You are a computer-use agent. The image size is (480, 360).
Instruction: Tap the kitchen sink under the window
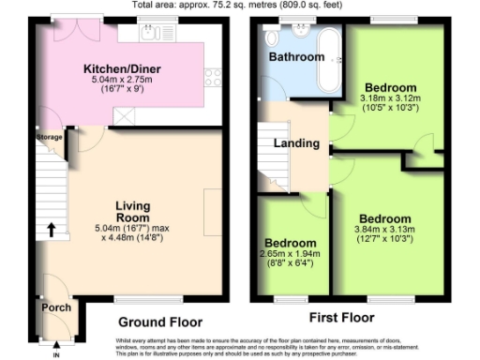[150, 35]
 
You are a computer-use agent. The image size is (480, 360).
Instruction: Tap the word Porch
[54, 307]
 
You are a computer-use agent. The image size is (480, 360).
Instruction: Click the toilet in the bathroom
[272, 37]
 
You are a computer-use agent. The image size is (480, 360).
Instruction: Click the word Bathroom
[296, 57]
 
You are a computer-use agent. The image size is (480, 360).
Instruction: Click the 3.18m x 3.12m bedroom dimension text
[391, 101]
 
